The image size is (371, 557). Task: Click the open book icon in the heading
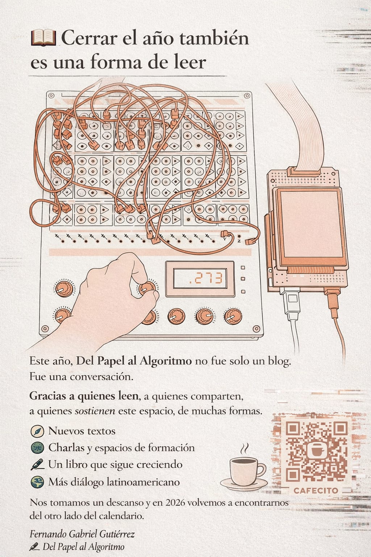coord(43,38)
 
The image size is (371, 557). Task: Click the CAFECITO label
coord(316,491)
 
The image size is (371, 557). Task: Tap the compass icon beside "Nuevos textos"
coord(37,432)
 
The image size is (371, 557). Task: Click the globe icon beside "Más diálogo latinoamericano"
coord(37,482)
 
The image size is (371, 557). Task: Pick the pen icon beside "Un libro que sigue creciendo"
coord(37,465)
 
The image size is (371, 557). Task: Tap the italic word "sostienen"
coord(95,411)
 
